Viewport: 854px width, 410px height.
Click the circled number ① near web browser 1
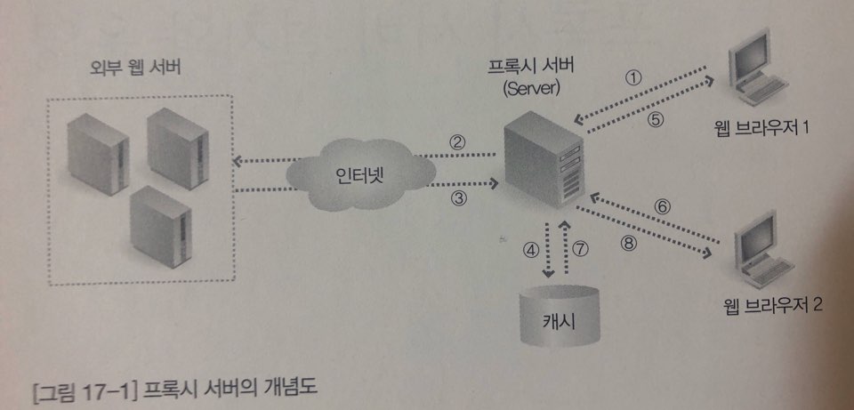[633, 76]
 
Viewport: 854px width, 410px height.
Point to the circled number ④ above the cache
[531, 252]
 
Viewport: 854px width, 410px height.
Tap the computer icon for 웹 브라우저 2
[763, 256]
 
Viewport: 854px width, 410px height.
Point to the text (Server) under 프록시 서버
[529, 90]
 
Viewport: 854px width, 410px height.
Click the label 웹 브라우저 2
[773, 306]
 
